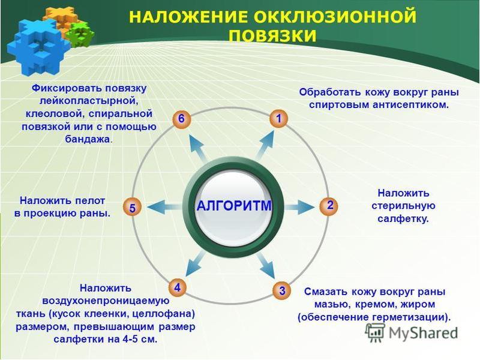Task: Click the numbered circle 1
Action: coord(278,119)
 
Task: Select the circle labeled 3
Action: coord(281,291)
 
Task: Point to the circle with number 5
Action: coord(132,208)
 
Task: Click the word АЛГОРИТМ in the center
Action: coord(234,206)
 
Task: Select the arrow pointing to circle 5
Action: coord(162,207)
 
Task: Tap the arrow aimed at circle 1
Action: coord(265,143)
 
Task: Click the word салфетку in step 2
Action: coord(403,219)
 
